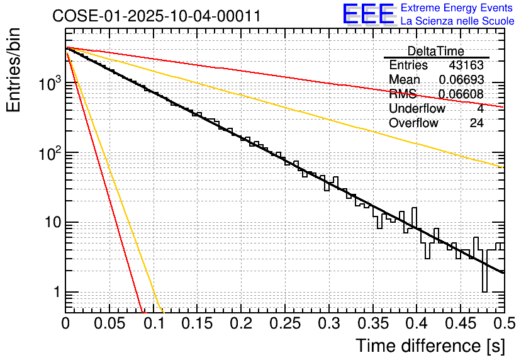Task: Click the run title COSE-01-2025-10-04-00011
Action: [157, 16]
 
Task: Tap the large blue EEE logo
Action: [368, 14]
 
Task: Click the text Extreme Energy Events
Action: [457, 8]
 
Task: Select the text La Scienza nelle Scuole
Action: [457, 21]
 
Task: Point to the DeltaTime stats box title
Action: [436, 51]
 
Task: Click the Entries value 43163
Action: [466, 65]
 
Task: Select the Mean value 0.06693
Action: [461, 80]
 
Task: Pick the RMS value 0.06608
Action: [461, 94]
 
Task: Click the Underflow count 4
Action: [480, 109]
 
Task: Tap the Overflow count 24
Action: [476, 123]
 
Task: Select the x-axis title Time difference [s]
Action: [430, 346]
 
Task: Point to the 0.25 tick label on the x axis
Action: [285, 324]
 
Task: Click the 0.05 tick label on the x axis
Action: [109, 324]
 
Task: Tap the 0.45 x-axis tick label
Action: [461, 324]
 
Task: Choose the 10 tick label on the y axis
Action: [51, 223]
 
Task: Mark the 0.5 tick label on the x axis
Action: [502, 324]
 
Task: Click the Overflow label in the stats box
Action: [413, 123]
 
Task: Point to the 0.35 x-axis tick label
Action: [372, 324]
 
